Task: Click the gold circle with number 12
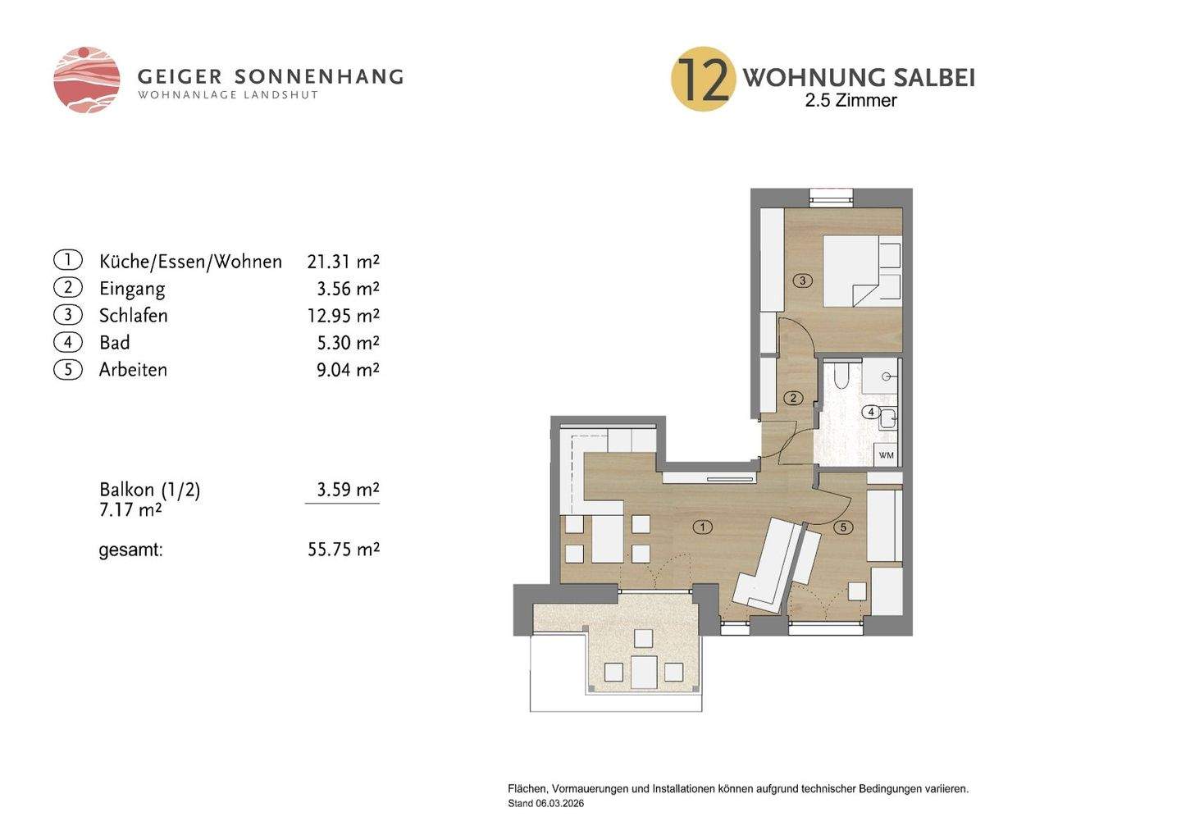[x=702, y=79]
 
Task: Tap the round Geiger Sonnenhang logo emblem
[x=87, y=80]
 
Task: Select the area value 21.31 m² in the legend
[x=343, y=262]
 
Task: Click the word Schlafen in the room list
[x=133, y=316]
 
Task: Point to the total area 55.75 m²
[x=343, y=550]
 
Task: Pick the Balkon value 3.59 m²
[x=348, y=490]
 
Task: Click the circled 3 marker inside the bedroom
[x=803, y=281]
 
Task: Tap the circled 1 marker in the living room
[x=702, y=527]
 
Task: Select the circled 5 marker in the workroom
[x=843, y=527]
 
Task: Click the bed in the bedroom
[x=861, y=271]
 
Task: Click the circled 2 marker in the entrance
[x=793, y=399]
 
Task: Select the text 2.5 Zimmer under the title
[x=850, y=101]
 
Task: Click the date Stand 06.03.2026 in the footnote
[x=545, y=804]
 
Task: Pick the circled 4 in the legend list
[x=68, y=342]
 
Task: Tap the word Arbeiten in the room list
[x=133, y=370]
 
